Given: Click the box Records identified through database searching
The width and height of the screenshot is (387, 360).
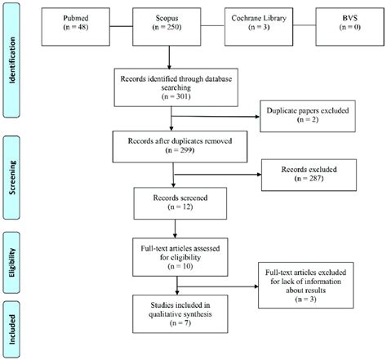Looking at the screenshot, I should (x=171, y=87).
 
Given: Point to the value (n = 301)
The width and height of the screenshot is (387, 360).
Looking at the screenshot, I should (x=171, y=97).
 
